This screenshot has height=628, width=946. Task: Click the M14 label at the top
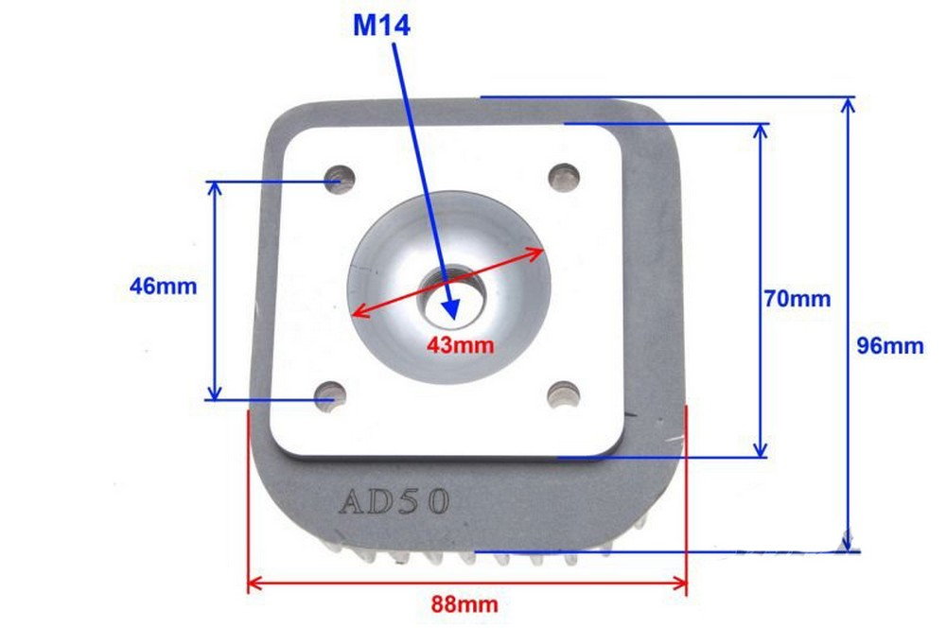[x=381, y=26]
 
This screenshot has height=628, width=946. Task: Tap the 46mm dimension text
[x=164, y=286]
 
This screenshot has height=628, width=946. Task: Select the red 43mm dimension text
[x=461, y=345]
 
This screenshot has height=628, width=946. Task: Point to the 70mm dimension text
[x=797, y=299]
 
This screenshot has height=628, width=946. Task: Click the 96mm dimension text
[x=890, y=345]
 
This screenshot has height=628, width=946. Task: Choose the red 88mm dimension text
[x=464, y=603]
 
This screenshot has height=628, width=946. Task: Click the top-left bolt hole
[x=340, y=178]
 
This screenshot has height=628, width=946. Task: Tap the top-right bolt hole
[x=564, y=178]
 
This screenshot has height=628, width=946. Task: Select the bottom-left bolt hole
[x=330, y=395]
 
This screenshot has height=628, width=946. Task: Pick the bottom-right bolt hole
[x=564, y=395]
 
